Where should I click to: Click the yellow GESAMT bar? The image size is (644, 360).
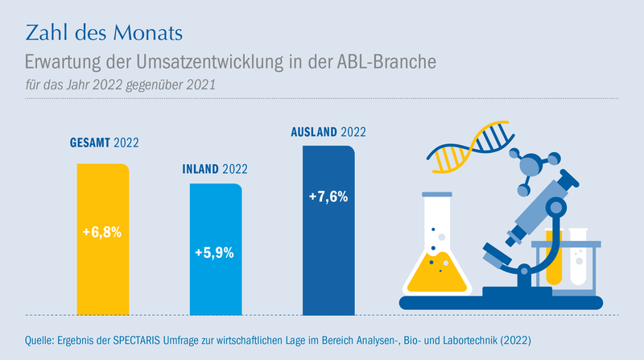click(x=103, y=239)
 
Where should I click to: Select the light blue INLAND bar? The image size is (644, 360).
click(x=216, y=249)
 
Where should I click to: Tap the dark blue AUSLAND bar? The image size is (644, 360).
click(x=328, y=230)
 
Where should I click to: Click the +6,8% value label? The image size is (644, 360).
click(x=102, y=232)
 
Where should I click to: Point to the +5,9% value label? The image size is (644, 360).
click(x=214, y=253)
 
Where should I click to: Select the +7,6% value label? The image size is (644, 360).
click(x=328, y=197)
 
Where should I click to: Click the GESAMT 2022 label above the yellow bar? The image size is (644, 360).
click(x=105, y=143)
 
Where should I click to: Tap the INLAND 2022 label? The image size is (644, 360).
click(x=215, y=169)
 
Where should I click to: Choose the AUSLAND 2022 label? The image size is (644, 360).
click(x=328, y=132)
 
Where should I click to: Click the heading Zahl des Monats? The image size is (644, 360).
click(x=104, y=33)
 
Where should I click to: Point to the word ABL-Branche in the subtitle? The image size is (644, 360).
click(x=386, y=62)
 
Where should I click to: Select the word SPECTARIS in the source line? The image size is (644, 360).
click(x=136, y=341)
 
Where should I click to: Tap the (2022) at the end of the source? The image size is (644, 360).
click(x=515, y=341)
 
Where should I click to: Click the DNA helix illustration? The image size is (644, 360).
click(x=470, y=146)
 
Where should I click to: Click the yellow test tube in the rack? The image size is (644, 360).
click(x=553, y=257)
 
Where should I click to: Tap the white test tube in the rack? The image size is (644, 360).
click(x=578, y=257)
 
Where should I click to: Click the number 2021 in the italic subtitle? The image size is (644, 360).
click(x=200, y=85)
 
